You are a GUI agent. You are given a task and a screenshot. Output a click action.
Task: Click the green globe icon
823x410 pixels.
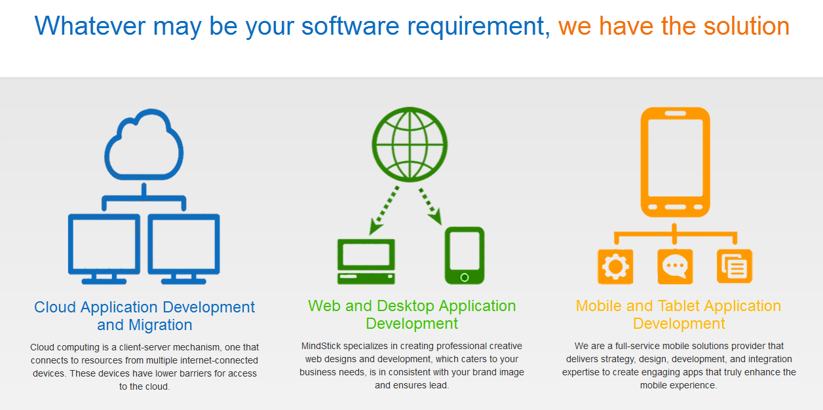coord(410,144)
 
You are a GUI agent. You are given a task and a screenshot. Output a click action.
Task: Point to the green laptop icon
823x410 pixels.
coord(366,261)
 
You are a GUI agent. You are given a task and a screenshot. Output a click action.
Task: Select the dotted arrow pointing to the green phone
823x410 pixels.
coord(431,206)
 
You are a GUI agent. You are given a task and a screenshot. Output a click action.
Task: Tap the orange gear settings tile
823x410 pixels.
coord(615,267)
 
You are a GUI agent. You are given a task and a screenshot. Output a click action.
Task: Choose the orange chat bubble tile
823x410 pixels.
coord(676,267)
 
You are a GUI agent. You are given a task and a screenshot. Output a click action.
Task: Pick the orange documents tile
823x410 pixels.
coord(735,267)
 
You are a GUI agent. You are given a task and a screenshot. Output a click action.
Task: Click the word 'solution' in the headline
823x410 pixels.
coord(746,26)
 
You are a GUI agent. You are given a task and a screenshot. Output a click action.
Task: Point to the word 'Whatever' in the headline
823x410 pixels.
coord(90,26)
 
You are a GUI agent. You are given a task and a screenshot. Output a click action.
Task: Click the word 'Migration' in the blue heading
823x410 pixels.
coord(160,325)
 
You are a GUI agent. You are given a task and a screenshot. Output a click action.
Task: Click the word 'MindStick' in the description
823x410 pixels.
coord(321,346)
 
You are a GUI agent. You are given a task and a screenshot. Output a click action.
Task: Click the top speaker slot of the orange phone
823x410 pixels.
coord(676,113)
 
